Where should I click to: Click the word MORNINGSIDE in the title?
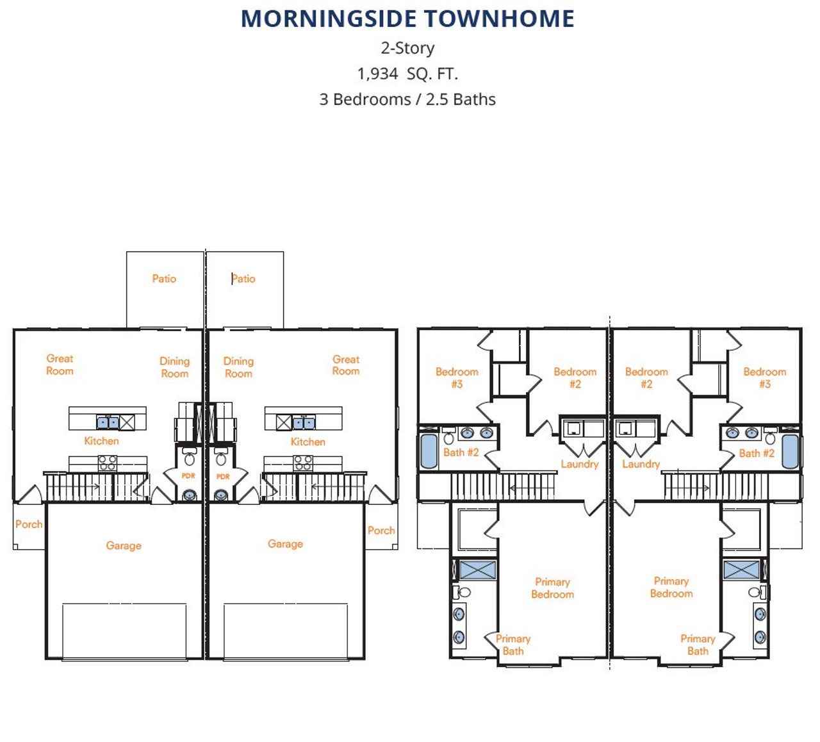(x=329, y=19)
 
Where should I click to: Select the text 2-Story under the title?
(x=407, y=48)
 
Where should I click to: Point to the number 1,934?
(x=378, y=74)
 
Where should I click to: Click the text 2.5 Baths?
(x=461, y=99)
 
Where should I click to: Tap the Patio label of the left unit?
(x=164, y=279)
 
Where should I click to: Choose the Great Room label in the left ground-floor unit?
(x=60, y=365)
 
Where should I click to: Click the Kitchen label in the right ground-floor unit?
(x=307, y=441)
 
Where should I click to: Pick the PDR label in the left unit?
(x=188, y=475)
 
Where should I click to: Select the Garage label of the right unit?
(x=285, y=543)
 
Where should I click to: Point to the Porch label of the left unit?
(x=29, y=524)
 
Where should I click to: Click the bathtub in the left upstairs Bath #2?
(x=429, y=451)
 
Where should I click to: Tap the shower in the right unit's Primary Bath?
(x=741, y=570)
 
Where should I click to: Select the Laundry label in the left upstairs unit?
(x=580, y=465)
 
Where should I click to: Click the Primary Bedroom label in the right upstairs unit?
(x=671, y=587)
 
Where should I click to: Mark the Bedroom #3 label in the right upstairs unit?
(x=764, y=377)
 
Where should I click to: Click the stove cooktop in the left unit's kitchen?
(x=108, y=463)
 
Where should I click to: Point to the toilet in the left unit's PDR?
(x=189, y=458)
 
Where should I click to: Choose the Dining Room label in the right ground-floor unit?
(x=238, y=367)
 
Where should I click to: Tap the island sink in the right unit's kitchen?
(x=304, y=422)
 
